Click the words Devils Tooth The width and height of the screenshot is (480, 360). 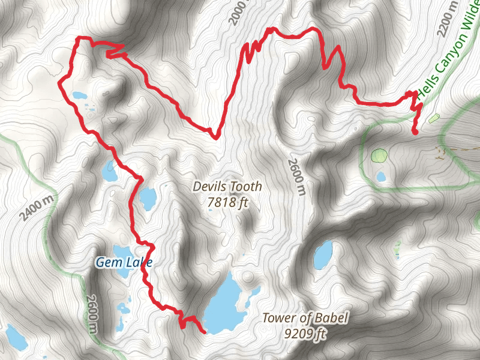(x=227, y=187)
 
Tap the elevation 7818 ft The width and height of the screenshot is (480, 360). (x=227, y=203)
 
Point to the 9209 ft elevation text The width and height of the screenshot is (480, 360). (x=305, y=333)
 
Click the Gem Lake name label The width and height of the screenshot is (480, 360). (x=124, y=262)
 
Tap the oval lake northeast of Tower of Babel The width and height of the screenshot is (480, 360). (x=323, y=255)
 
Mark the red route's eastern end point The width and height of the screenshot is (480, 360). (x=415, y=132)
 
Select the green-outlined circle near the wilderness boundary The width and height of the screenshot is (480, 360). (x=379, y=156)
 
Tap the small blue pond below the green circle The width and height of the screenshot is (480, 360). (x=381, y=177)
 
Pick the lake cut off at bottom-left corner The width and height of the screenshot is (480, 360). (x=15, y=338)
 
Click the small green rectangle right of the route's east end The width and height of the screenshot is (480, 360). (x=434, y=118)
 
